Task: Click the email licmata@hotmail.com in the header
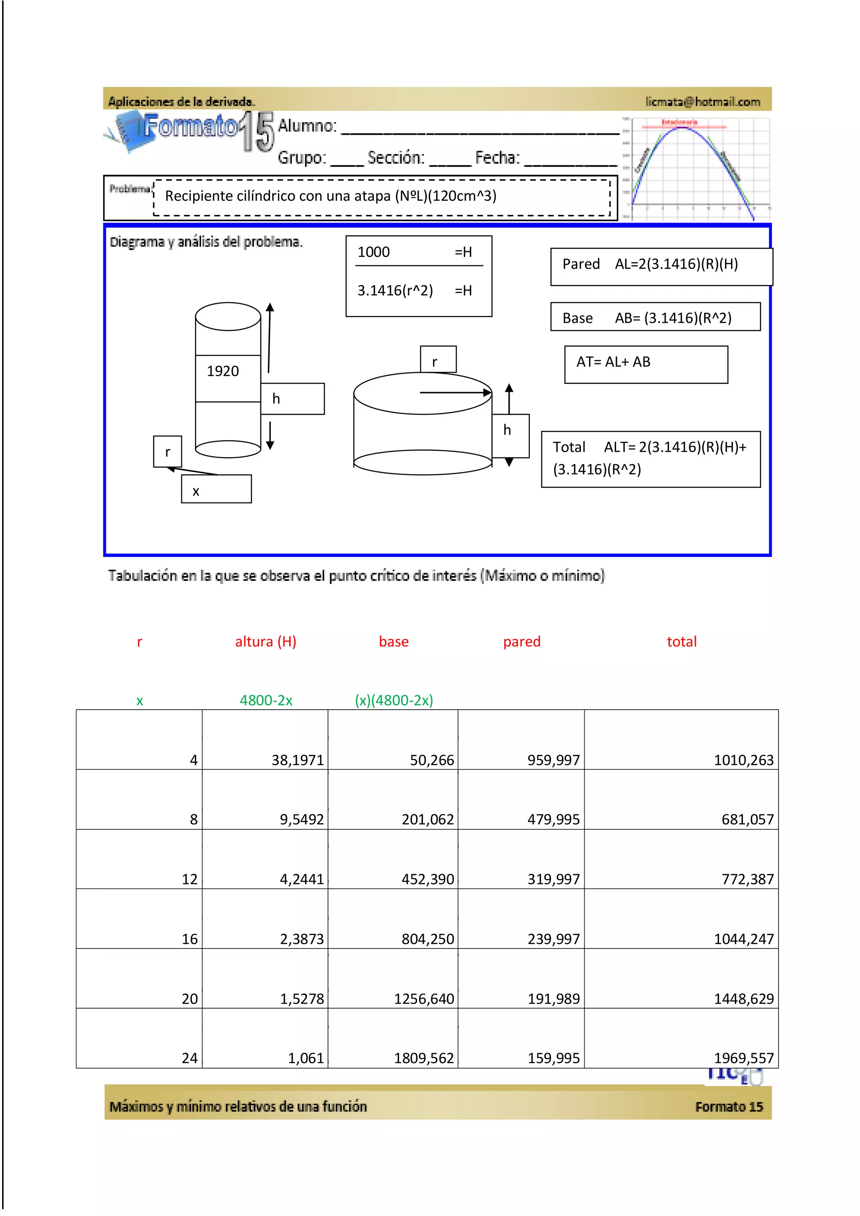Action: (702, 102)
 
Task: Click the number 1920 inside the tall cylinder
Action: (223, 371)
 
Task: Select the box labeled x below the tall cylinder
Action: (216, 489)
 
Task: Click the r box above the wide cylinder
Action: (438, 359)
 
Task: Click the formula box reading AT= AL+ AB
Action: (645, 364)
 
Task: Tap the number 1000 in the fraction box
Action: (373, 252)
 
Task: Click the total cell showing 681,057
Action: (747, 819)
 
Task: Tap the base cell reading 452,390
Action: (427, 879)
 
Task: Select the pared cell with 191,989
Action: (553, 999)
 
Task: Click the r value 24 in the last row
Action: (189, 1058)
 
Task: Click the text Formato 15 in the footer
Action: (729, 1106)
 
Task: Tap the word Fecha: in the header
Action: (497, 158)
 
